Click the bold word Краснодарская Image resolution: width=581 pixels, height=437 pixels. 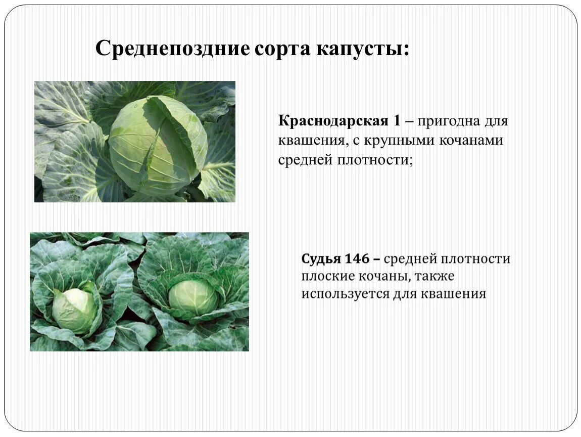331,121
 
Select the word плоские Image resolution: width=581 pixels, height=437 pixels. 325,277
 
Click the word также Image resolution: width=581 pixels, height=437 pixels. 435,277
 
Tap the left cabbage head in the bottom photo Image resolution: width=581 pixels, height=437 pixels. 75,310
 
